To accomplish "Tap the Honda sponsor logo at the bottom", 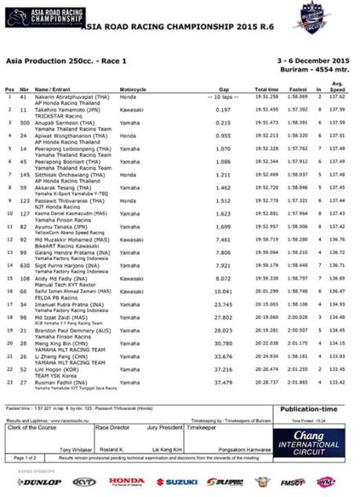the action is (x=125, y=481).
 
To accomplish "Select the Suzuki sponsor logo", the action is (x=176, y=481).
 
